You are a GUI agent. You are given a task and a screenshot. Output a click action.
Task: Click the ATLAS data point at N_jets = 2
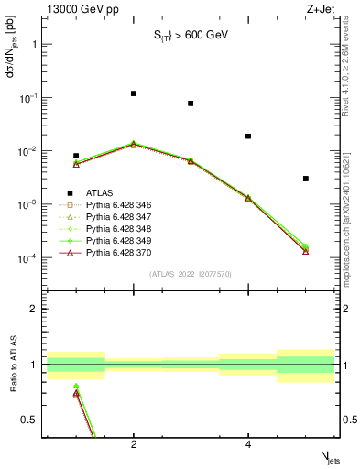click(x=134, y=93)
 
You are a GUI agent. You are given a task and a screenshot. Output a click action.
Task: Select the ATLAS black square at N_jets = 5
click(x=306, y=179)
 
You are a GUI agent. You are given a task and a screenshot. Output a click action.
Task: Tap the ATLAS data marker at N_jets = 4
click(x=248, y=136)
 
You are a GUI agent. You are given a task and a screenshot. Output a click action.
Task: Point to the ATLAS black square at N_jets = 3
click(x=191, y=104)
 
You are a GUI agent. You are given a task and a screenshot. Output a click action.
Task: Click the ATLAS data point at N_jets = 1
click(x=76, y=156)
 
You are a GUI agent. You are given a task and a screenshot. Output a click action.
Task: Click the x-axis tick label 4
click(x=248, y=445)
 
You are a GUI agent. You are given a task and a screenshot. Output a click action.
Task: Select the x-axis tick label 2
click(x=134, y=445)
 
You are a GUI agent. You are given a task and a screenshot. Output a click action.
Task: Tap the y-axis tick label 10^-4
click(x=24, y=258)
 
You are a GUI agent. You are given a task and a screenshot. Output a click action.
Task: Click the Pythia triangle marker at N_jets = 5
click(x=306, y=250)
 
